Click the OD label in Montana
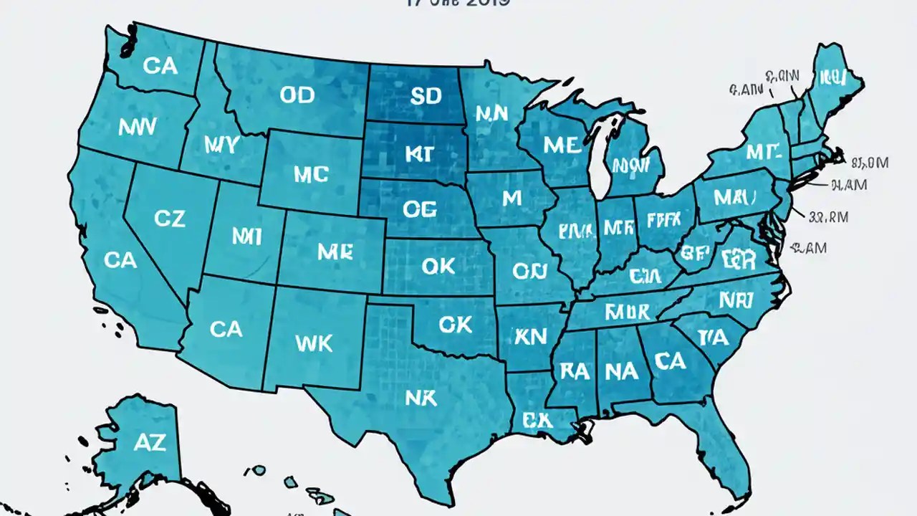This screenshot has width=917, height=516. [x=297, y=95]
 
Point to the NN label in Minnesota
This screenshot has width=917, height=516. [x=491, y=113]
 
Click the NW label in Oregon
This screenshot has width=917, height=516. [x=138, y=128]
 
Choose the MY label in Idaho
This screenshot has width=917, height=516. [x=220, y=144]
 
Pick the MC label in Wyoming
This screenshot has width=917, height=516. [x=311, y=174]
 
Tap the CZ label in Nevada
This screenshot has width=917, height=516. [x=170, y=219]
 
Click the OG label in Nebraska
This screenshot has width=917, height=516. [x=419, y=209]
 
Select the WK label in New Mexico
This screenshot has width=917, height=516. [x=314, y=343]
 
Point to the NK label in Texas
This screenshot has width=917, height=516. [x=421, y=398]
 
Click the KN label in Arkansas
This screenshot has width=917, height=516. [x=530, y=336]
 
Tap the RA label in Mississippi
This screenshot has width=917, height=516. [x=574, y=371]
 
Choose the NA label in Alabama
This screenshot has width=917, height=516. [x=622, y=371]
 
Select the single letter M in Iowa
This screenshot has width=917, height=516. [x=512, y=199]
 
